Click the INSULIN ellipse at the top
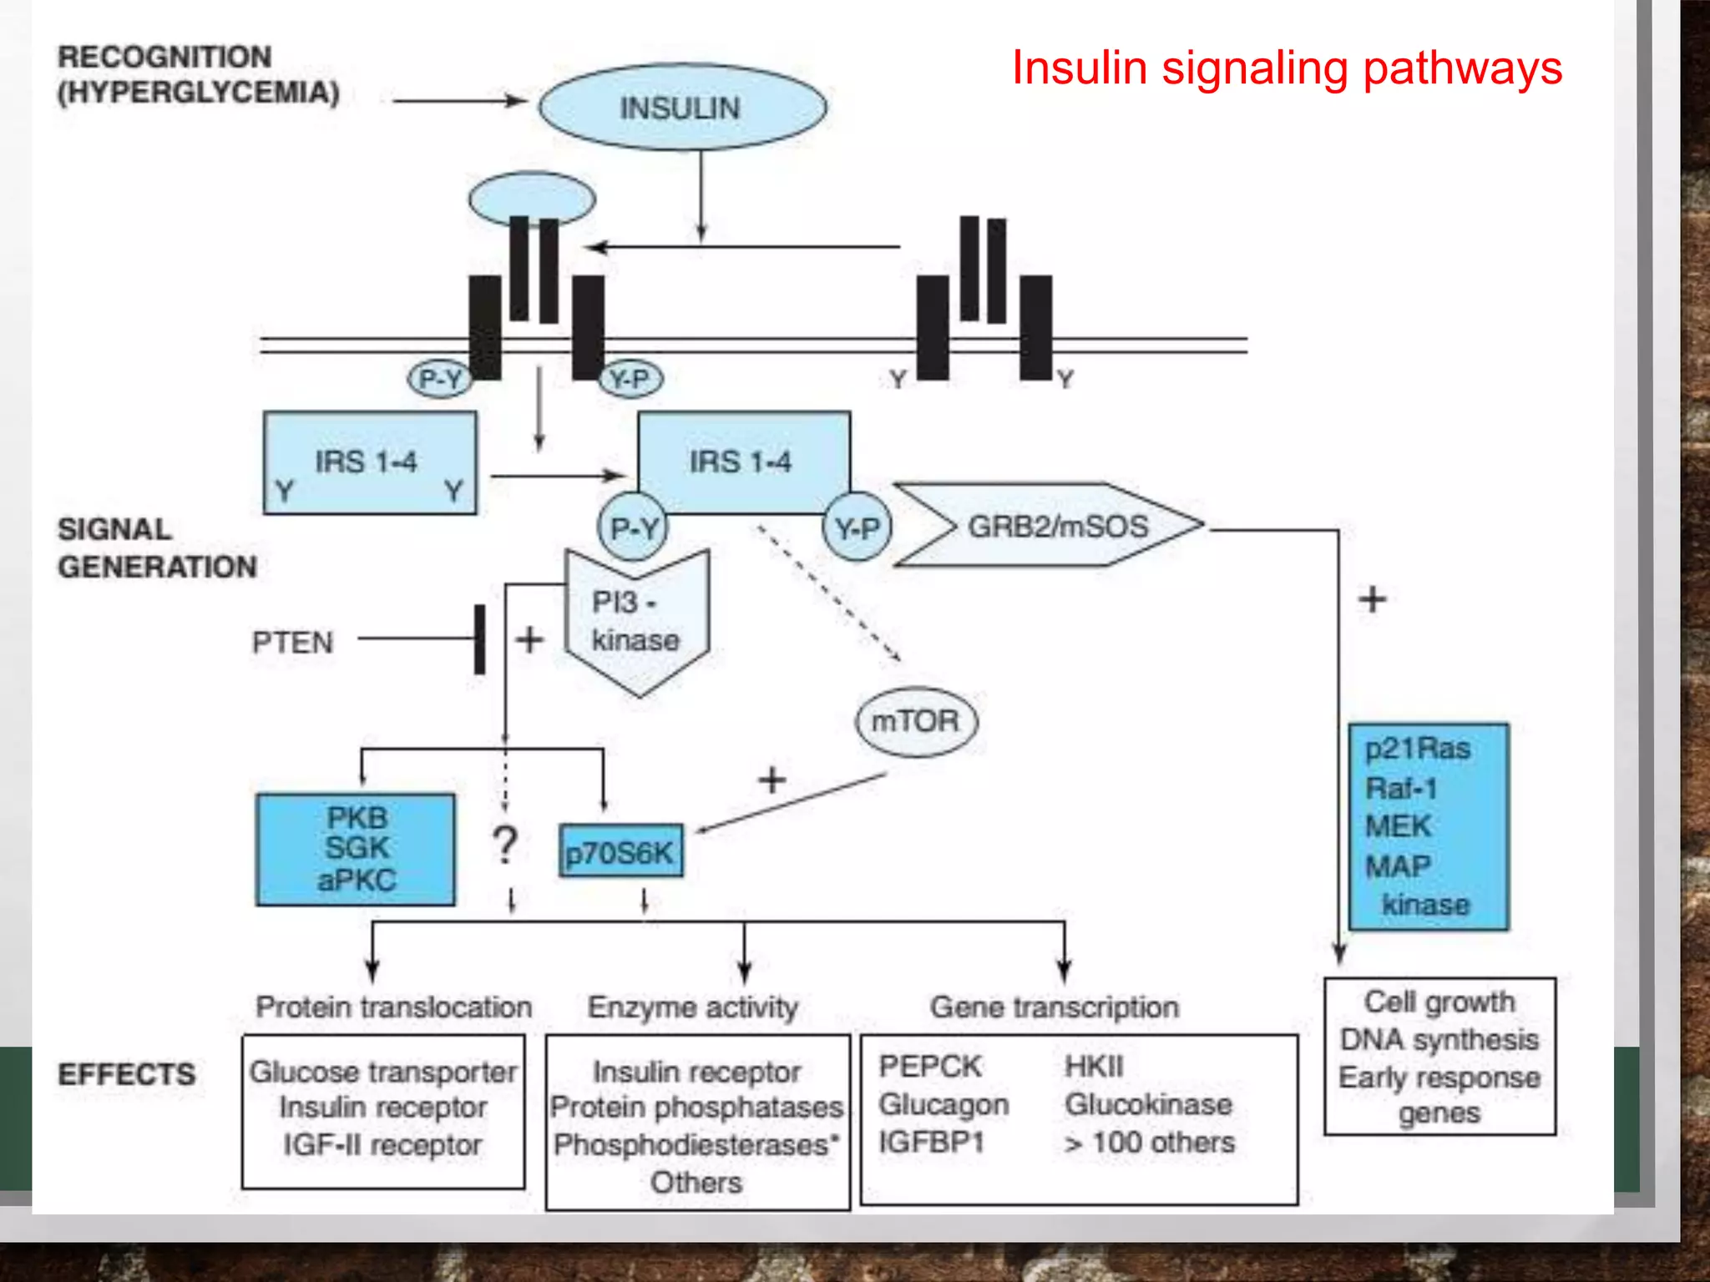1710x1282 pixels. (x=682, y=109)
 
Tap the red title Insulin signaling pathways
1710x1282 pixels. (x=1286, y=68)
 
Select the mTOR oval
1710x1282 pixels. (x=916, y=721)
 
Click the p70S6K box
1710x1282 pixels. (x=620, y=852)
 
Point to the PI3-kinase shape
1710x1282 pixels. (x=637, y=623)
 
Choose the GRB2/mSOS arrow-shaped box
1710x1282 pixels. (x=1049, y=526)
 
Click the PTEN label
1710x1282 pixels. (x=292, y=643)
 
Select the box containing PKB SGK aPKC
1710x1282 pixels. (x=356, y=849)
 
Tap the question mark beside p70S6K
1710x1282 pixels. (x=505, y=845)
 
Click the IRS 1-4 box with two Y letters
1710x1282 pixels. (x=369, y=463)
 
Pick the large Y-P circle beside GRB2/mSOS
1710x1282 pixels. (x=858, y=527)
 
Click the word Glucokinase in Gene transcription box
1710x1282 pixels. (x=1148, y=1104)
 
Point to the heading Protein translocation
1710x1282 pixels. (x=393, y=1007)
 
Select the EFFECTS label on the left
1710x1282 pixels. (x=126, y=1074)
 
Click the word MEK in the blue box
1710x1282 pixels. (x=1397, y=826)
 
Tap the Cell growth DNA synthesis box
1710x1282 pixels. (x=1439, y=1056)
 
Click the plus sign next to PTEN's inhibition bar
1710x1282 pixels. (x=529, y=640)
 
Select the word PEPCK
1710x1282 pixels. (x=930, y=1067)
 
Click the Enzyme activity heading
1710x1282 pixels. (x=692, y=1007)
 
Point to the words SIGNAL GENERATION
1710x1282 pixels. (x=156, y=548)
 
